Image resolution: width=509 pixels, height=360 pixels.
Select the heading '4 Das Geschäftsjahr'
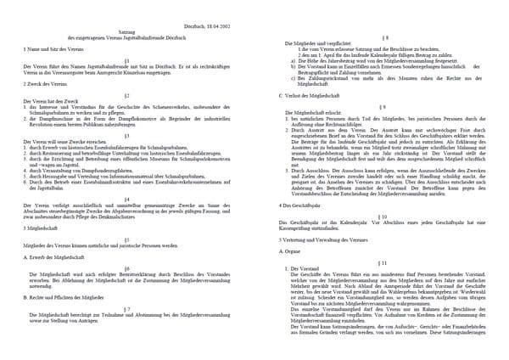[x=306, y=205]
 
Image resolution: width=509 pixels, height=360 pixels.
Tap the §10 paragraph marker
[x=386, y=217]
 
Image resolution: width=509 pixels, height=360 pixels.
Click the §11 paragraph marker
[x=386, y=262]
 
